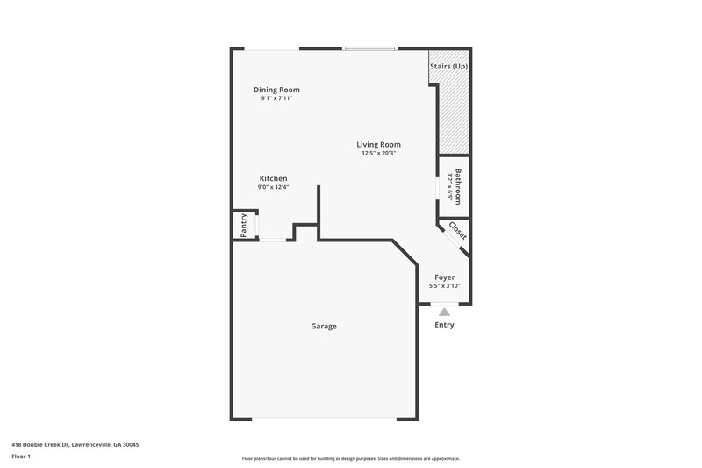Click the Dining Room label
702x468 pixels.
[276, 90]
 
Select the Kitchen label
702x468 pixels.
[272, 178]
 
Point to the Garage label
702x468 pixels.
[323, 327]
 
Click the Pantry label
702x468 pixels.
[244, 225]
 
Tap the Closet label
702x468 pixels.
[457, 231]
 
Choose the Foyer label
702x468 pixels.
[445, 277]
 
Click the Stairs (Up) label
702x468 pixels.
[448, 66]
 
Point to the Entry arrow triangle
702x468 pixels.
[445, 311]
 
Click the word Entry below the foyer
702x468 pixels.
[445, 325]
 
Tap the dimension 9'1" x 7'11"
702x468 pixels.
[276, 98]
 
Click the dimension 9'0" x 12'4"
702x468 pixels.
[272, 187]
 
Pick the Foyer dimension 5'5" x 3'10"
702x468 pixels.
[445, 285]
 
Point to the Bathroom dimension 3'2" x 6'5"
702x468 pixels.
[449, 186]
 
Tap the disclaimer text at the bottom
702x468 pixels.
[350, 458]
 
